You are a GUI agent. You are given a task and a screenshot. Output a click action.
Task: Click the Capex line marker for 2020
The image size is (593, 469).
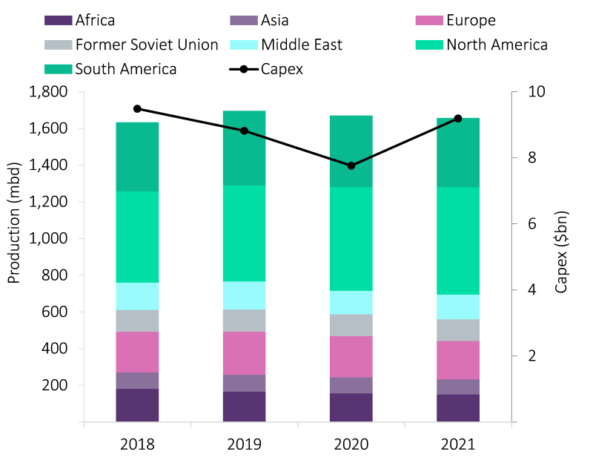click(351, 165)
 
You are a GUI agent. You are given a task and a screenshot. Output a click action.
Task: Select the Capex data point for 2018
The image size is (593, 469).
click(137, 108)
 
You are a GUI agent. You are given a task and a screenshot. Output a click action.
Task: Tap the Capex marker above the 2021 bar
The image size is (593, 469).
click(458, 119)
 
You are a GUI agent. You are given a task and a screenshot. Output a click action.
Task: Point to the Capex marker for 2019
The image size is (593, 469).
click(244, 131)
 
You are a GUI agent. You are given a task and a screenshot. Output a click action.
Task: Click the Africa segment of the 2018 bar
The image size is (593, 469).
click(137, 405)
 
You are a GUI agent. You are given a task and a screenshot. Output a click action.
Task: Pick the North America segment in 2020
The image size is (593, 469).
click(351, 238)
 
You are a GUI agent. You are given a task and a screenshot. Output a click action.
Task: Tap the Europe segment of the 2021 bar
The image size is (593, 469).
click(458, 360)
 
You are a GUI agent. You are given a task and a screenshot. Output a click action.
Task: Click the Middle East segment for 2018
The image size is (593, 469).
click(137, 296)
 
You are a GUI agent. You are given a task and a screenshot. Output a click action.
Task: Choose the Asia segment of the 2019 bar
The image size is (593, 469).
click(244, 383)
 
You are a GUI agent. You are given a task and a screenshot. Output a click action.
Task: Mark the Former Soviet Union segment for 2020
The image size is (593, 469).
click(351, 325)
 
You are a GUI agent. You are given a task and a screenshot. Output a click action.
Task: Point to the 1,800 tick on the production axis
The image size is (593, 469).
click(48, 92)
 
